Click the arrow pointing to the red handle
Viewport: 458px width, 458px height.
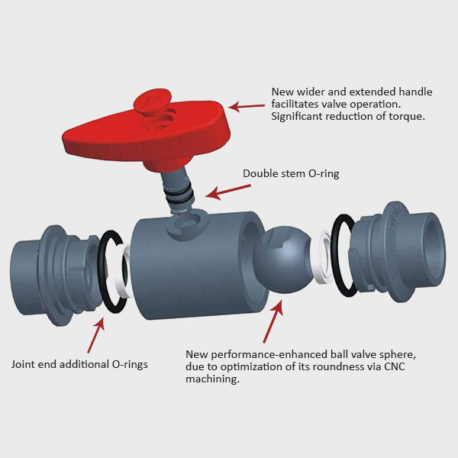click(x=246, y=106)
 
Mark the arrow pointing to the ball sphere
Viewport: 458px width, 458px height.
click(x=272, y=321)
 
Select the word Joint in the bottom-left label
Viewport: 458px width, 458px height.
click(x=24, y=364)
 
